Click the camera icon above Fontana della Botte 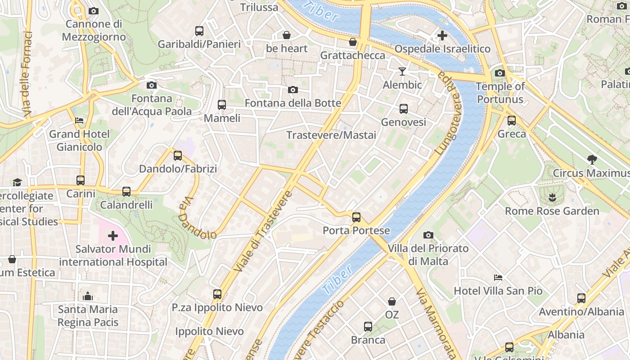tap(293, 90)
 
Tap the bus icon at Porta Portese tap(356, 217)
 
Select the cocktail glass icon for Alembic tap(402, 72)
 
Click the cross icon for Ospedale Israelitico tap(442, 35)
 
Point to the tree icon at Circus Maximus tap(592, 159)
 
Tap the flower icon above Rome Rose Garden tap(552, 197)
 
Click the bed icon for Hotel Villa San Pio tap(498, 277)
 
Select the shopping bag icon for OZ tap(392, 301)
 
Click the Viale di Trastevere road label tap(263, 231)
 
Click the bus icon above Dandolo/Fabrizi tap(178, 156)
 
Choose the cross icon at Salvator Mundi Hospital tap(112, 235)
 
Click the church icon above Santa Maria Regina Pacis tap(88, 296)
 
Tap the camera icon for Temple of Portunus tap(499, 73)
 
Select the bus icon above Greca tap(512, 121)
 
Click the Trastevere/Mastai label tap(331, 135)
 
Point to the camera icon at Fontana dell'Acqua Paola tap(152, 85)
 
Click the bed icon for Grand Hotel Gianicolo tap(79, 121)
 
